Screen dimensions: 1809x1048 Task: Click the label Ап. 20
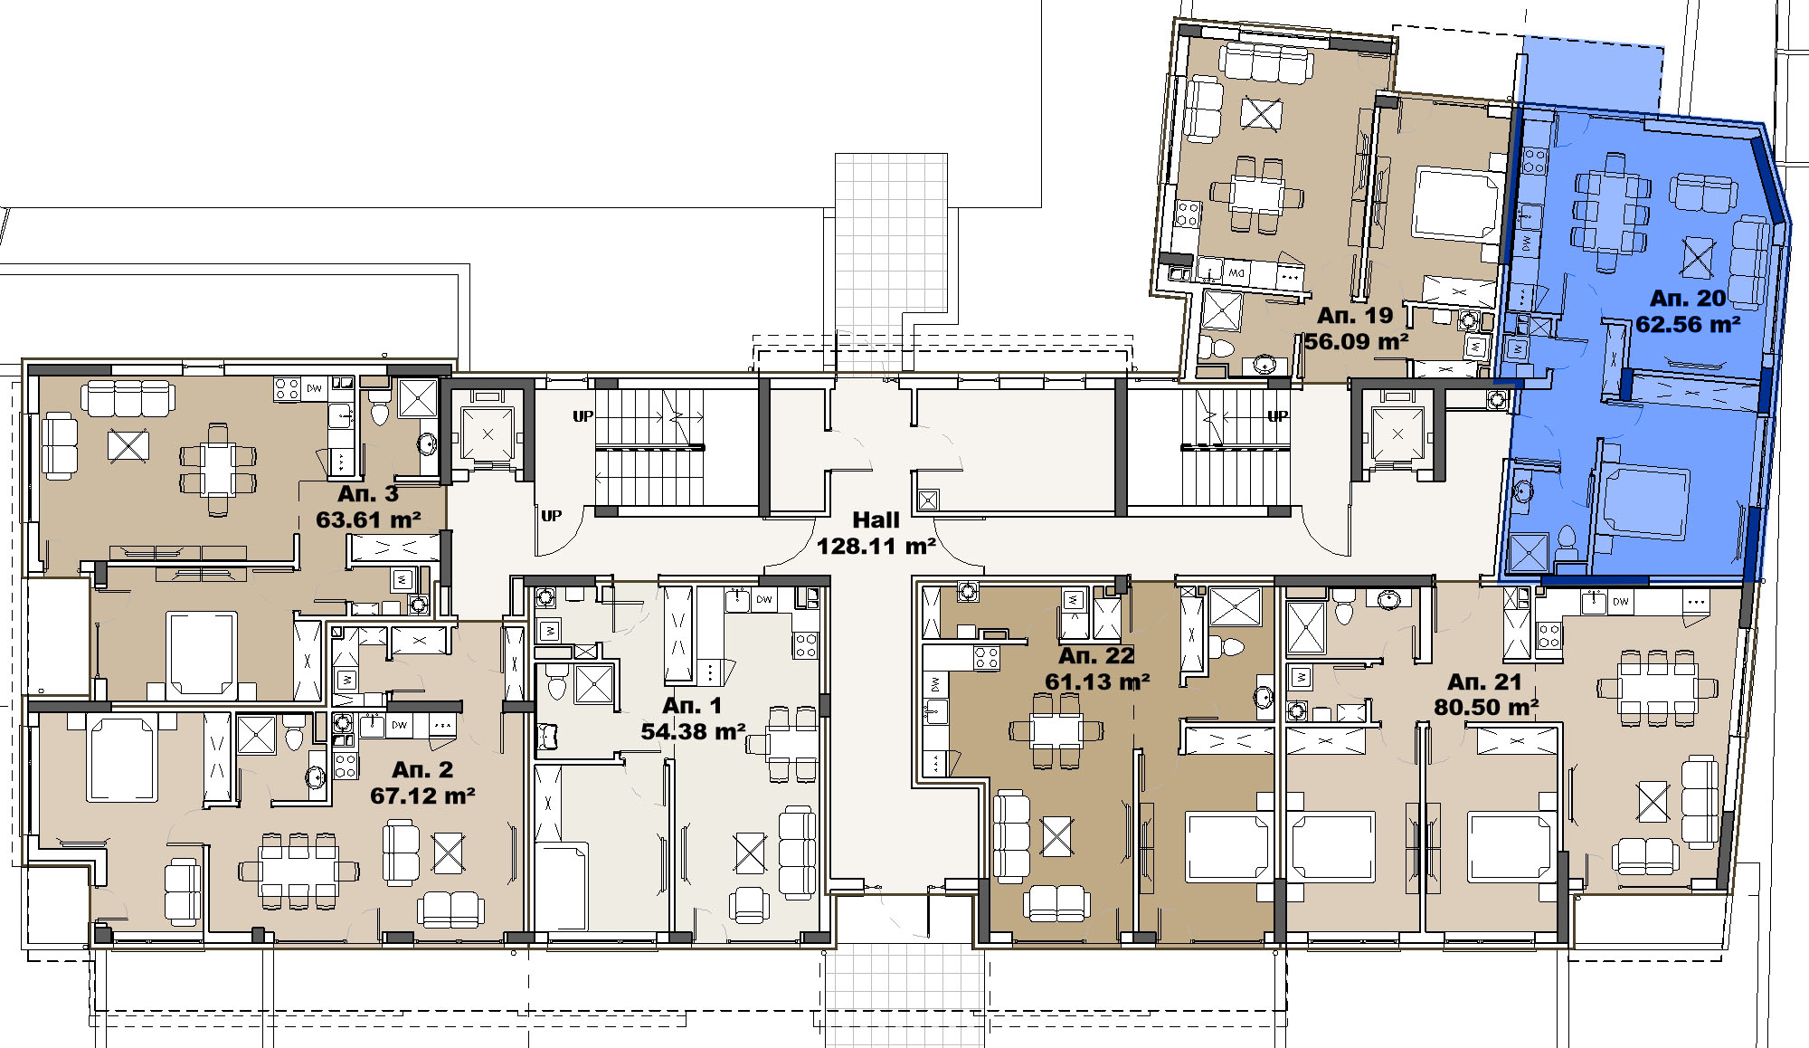1687,298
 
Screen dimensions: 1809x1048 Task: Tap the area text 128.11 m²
876,546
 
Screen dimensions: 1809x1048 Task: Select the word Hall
876,520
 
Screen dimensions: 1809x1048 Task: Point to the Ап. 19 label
1354,316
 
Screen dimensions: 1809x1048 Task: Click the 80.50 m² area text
1486,707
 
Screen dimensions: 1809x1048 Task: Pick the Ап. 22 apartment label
1096,655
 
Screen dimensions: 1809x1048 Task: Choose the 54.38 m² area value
693,730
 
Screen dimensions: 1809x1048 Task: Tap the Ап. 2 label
422,769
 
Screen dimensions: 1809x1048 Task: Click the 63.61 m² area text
368,519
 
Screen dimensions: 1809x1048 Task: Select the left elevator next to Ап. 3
488,434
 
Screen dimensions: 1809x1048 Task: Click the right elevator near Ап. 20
1397,434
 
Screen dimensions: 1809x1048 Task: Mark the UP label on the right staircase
1277,416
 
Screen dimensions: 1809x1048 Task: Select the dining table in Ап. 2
298,871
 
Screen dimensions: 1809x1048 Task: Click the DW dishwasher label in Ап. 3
314,388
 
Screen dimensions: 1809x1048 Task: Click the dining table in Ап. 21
1657,686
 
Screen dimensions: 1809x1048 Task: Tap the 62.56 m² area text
1689,324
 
